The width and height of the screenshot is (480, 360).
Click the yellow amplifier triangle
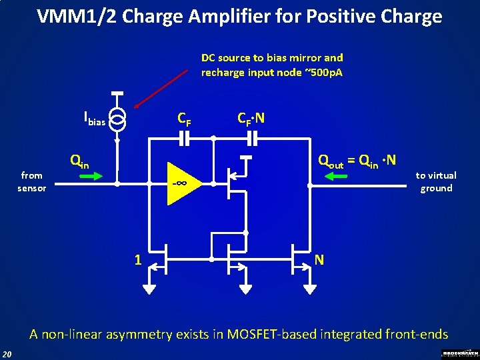point(181,182)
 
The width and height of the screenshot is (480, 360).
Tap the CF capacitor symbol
point(185,139)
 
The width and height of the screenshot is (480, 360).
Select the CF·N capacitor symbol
point(252,139)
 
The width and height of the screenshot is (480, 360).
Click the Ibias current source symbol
point(117,120)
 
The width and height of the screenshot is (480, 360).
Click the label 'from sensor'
point(31,181)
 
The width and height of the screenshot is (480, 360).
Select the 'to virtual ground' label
point(435,181)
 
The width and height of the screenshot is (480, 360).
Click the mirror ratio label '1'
point(138,259)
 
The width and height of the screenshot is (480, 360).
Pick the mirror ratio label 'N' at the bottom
point(319,259)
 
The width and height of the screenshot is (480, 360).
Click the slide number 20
point(7,353)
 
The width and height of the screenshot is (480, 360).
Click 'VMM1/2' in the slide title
point(73,16)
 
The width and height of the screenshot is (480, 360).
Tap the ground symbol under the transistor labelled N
point(310,288)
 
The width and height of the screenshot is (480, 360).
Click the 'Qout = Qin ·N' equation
point(357,161)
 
